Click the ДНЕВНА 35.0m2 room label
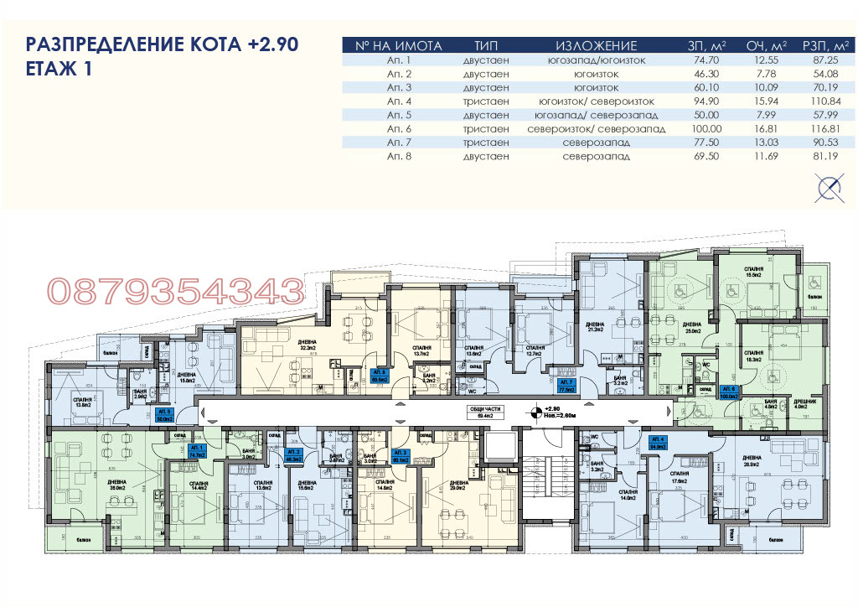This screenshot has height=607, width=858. [x=116, y=485]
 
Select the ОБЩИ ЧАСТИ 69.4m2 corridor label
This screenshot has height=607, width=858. [x=482, y=412]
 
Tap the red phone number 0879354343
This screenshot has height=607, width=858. [x=175, y=292]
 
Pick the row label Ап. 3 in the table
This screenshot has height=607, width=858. [x=400, y=87]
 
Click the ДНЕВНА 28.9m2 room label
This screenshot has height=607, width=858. [x=458, y=485]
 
